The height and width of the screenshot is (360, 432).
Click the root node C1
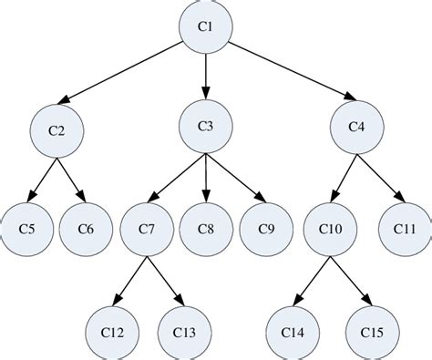pyautogui.click(x=206, y=26)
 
